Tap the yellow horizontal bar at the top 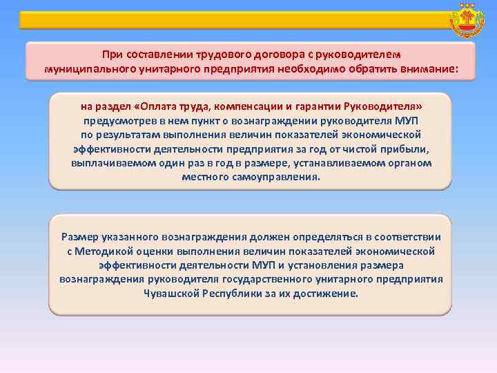[228, 20]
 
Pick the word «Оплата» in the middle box [159, 107]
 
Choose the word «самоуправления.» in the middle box [280, 176]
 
